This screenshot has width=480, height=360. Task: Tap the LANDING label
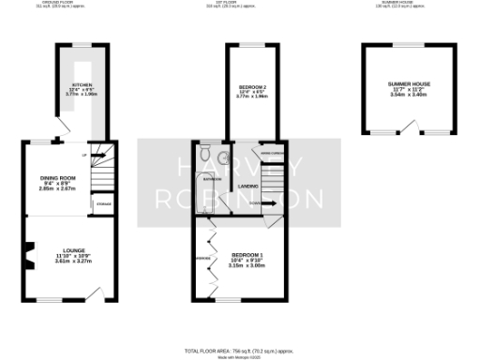248,186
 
